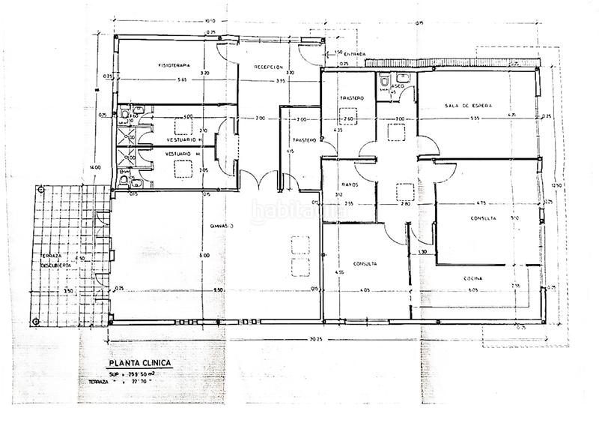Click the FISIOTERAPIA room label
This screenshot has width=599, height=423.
pos(174,65)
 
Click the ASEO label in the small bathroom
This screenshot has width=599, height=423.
pos(397,85)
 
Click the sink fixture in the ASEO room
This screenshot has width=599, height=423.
pos(403,76)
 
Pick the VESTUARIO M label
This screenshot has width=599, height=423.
pos(183,154)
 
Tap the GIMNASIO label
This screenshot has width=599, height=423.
pos(222,225)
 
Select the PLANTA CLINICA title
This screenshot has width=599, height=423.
pos(140,363)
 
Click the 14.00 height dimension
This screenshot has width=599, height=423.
pos(96,166)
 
